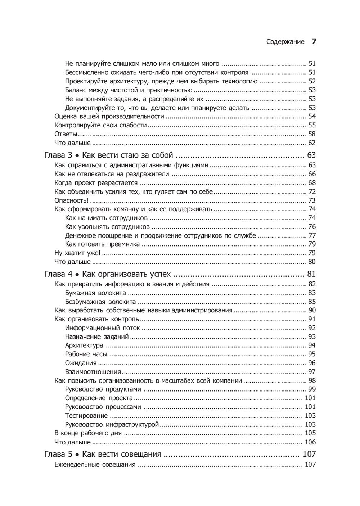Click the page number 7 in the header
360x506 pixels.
(314, 41)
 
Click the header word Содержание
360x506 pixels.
(285, 42)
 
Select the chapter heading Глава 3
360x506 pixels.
(58, 155)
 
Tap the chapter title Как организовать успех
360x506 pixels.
(126, 274)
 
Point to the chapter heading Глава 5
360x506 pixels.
(58, 454)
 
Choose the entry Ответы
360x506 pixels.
(66, 134)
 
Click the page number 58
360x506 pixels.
(312, 134)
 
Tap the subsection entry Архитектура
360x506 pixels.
(84, 345)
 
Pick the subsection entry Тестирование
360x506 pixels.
(86, 416)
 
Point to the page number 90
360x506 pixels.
(312, 310)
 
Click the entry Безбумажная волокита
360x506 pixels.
(100, 302)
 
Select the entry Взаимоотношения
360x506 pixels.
(93, 372)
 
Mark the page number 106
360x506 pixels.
(310, 442)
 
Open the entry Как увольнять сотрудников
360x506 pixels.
(107, 227)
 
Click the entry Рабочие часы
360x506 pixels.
(86, 354)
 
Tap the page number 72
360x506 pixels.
(312, 192)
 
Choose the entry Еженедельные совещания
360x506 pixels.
(95, 465)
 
